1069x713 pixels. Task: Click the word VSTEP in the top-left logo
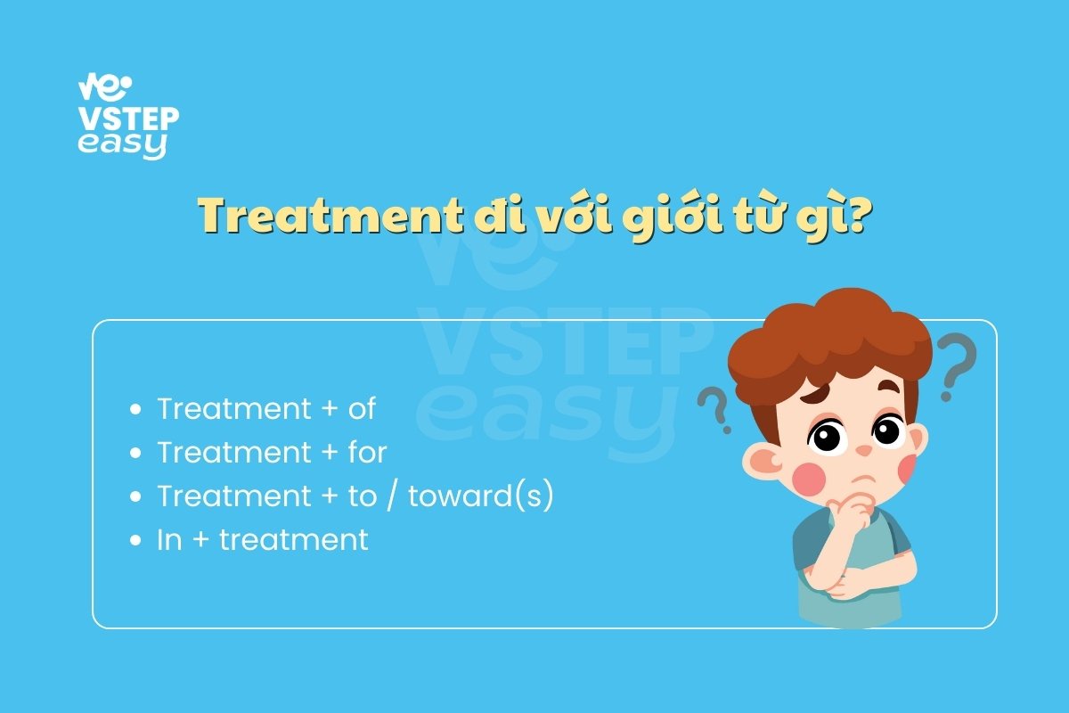tap(129, 119)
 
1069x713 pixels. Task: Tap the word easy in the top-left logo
tap(123, 145)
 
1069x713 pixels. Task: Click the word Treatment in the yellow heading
tap(330, 215)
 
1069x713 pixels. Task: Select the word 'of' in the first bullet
tap(362, 409)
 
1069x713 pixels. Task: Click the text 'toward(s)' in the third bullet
tap(480, 496)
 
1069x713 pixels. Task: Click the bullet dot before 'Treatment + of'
tap(135, 409)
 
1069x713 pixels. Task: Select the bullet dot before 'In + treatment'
tap(135, 540)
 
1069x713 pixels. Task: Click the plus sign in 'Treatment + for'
tap(330, 453)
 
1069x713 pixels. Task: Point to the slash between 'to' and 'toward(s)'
tap(391, 496)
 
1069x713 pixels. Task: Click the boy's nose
tap(863, 450)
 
